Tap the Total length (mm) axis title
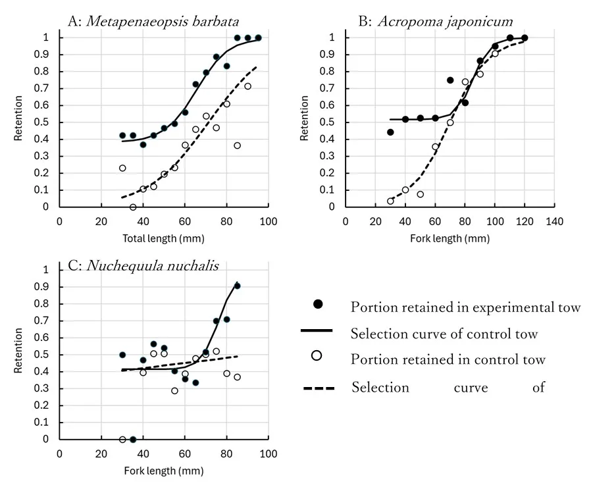pos(163,238)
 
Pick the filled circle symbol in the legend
pos(319,304)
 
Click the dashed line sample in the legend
pos(319,388)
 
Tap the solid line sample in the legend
pos(319,330)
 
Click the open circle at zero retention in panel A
pos(133,207)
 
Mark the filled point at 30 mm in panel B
pos(390,132)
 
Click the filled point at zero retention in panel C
pos(133,439)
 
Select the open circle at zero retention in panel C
pos(122,439)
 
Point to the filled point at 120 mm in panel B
pos(525,38)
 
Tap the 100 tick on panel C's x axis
pos(268,453)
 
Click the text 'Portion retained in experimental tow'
pos(465,307)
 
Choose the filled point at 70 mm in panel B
pos(450,80)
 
